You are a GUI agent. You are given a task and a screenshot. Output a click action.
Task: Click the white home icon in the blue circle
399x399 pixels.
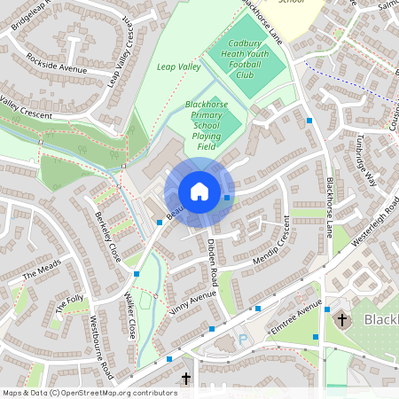[199, 192]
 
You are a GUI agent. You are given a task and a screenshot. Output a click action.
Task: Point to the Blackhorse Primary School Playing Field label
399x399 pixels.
[206, 125]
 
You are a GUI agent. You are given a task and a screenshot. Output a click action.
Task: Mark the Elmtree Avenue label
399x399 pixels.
[296, 317]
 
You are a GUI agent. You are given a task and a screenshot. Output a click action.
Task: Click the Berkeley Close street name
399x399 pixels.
[106, 232]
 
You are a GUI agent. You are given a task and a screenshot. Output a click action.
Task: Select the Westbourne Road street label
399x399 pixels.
[101, 343]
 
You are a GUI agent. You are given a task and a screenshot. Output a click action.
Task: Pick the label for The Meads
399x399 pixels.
[43, 270]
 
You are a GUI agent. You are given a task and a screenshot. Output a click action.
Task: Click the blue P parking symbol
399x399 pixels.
[244, 340]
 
